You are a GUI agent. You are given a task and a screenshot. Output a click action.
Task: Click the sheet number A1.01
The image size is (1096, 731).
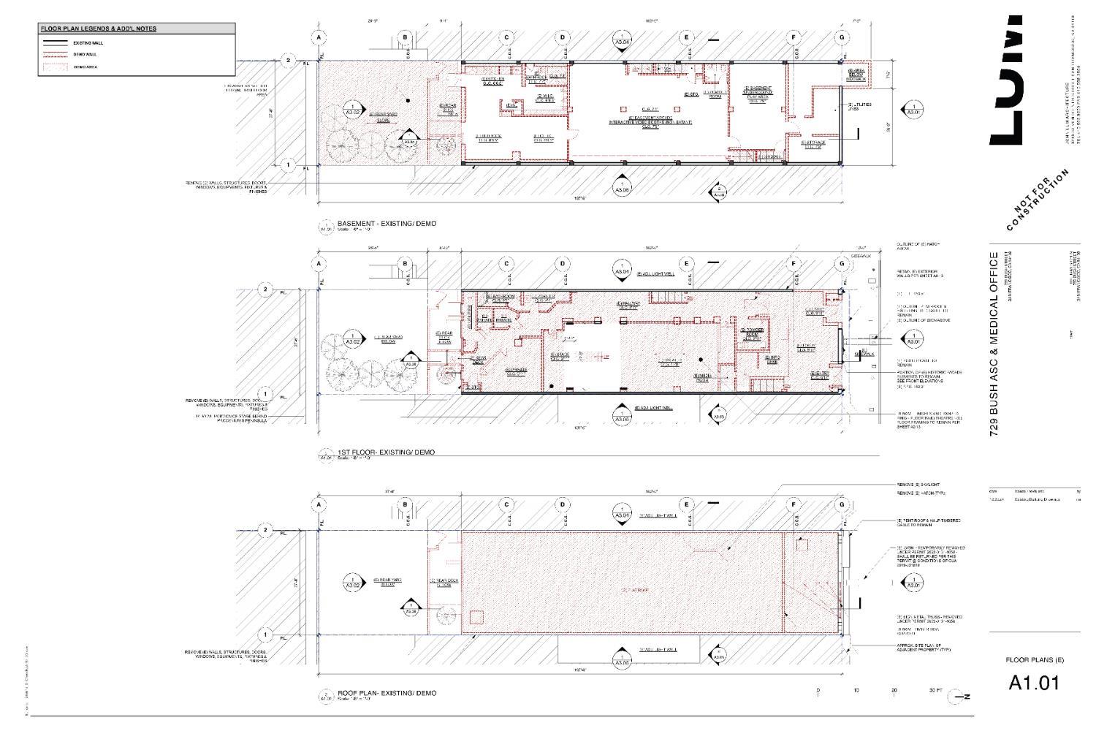point(1034,683)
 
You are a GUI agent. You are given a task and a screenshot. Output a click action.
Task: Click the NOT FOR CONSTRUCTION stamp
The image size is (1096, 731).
point(1038,200)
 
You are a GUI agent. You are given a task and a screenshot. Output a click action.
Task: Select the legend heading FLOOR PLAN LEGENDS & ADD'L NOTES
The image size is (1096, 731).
point(99,29)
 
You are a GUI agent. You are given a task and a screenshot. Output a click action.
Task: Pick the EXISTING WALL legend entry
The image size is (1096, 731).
point(83,43)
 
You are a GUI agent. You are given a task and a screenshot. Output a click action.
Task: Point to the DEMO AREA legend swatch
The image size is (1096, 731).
point(56,67)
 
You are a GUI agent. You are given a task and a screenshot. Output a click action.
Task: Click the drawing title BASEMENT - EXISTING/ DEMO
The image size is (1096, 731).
point(387,224)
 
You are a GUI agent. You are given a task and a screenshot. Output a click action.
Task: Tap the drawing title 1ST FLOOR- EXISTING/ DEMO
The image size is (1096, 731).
point(386,452)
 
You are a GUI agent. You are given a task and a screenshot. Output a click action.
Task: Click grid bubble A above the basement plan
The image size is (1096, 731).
point(319,37)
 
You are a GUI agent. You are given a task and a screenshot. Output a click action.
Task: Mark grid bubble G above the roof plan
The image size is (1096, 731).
point(842,504)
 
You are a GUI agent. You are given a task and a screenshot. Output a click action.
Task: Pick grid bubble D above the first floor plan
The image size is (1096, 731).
point(563,263)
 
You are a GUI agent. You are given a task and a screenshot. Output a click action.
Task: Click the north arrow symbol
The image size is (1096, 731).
point(957,697)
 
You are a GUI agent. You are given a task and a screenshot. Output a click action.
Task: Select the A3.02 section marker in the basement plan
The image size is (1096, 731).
point(353,112)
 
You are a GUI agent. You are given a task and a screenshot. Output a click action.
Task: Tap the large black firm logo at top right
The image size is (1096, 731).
point(1008,80)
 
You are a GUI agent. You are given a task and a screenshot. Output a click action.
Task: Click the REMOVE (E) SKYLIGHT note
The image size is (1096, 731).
point(918,485)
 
